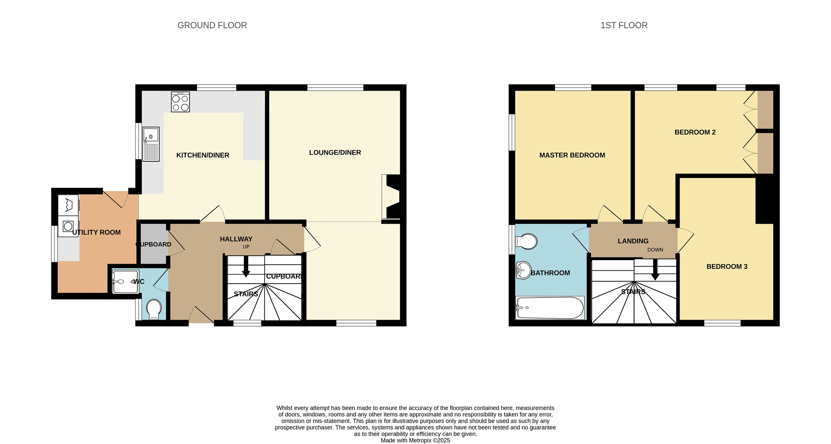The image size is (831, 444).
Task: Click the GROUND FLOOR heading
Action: (x=212, y=25)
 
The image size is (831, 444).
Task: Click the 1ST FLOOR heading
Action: (x=624, y=25)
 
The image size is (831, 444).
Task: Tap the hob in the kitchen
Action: (x=181, y=102)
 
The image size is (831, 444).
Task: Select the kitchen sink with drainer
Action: (x=151, y=144)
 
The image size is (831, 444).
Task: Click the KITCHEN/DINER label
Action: (x=203, y=155)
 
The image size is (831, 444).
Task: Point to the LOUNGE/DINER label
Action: (x=335, y=153)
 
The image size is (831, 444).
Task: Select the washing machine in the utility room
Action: (x=68, y=226)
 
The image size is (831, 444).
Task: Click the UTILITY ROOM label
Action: (x=96, y=232)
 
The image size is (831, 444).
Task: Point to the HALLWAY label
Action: (x=236, y=239)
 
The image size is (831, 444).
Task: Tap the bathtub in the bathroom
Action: (x=550, y=308)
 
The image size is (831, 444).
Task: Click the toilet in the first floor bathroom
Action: (x=526, y=241)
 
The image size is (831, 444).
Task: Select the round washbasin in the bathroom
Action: (x=524, y=270)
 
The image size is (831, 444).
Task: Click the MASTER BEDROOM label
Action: (x=572, y=155)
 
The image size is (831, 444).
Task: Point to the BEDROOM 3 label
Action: (x=727, y=267)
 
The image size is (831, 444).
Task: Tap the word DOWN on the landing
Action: (x=655, y=250)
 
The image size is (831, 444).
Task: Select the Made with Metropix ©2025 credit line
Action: (x=415, y=441)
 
